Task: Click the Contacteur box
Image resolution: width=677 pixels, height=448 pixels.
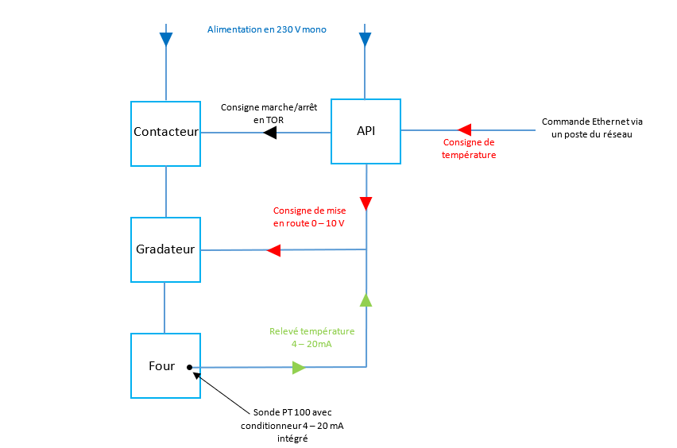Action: point(165,133)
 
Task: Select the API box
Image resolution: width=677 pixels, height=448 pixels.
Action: point(366,132)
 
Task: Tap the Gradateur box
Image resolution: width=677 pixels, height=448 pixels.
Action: point(165,249)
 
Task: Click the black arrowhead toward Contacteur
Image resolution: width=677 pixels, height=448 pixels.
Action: point(269,133)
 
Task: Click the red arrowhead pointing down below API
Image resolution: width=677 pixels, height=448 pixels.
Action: point(366,203)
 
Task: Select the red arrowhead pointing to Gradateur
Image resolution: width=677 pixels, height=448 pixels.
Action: point(273,251)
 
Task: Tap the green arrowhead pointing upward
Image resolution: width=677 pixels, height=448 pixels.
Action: point(366,299)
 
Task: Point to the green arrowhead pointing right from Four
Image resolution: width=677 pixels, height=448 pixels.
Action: point(299,367)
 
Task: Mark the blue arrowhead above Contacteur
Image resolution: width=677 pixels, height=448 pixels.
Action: point(166,39)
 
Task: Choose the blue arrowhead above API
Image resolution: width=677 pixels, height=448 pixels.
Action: point(366,39)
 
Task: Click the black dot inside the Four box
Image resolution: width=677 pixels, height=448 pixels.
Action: point(189,367)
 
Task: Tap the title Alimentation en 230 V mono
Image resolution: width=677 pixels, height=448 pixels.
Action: point(267,29)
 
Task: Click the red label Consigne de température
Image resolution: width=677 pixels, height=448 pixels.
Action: point(469,149)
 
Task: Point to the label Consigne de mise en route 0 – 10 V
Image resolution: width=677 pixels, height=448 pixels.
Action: point(309,217)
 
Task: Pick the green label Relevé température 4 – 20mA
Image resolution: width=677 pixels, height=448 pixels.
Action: point(311,338)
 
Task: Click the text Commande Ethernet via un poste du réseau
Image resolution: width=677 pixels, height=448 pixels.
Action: point(592,128)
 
